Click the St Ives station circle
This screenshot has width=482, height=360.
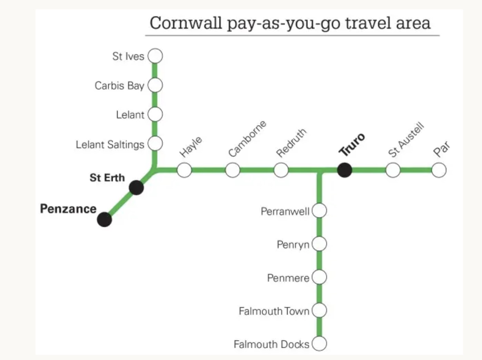click(155, 56)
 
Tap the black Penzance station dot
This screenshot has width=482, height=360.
click(104, 219)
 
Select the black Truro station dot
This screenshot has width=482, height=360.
click(344, 170)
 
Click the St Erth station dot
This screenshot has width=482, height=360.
click(136, 188)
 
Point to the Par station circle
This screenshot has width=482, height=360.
click(438, 170)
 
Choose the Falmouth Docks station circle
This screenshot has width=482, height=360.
click(319, 344)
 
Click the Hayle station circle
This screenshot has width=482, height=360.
click(184, 170)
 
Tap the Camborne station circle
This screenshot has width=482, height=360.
click(233, 170)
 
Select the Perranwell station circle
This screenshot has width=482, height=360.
click(319, 210)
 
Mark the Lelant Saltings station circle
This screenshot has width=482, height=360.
click(155, 143)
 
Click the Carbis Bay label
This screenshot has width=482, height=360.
click(119, 86)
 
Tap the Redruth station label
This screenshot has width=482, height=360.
click(291, 143)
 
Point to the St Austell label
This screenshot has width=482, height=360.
click(406, 140)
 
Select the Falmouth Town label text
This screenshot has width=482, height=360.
click(274, 311)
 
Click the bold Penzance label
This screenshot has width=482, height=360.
click(68, 209)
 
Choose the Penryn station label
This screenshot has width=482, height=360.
click(293, 245)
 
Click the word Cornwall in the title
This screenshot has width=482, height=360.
click(185, 23)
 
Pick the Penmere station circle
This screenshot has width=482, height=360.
click(319, 277)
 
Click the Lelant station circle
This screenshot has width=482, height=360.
click(155, 114)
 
